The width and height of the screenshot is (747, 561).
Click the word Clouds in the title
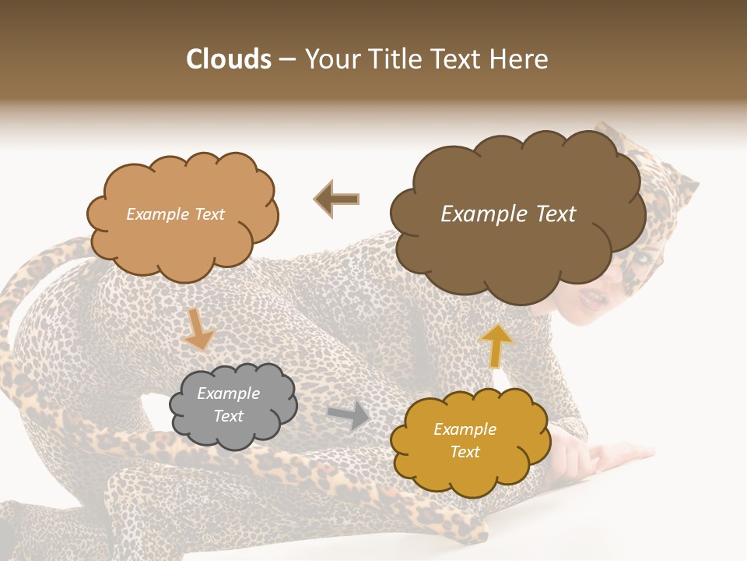(x=230, y=59)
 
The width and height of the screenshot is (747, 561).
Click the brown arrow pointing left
(x=336, y=199)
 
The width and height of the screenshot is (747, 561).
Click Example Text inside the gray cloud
(x=228, y=404)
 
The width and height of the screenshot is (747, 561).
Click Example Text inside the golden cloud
(x=465, y=440)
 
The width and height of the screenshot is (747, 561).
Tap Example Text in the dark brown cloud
(x=508, y=214)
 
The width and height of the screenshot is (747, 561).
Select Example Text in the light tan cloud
(x=175, y=214)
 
